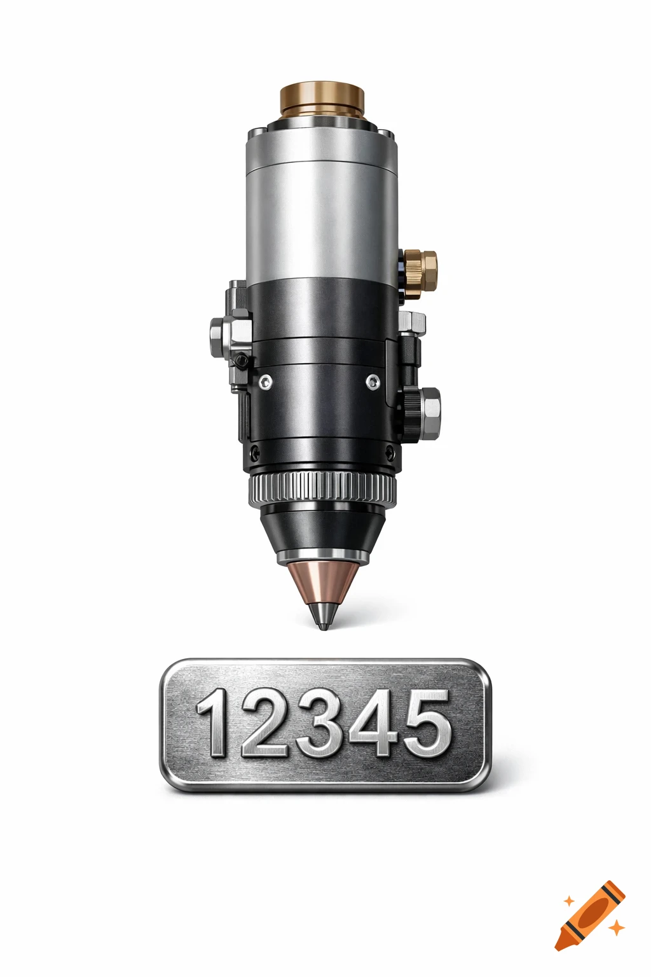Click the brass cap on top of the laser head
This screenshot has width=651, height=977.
click(322, 100)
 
